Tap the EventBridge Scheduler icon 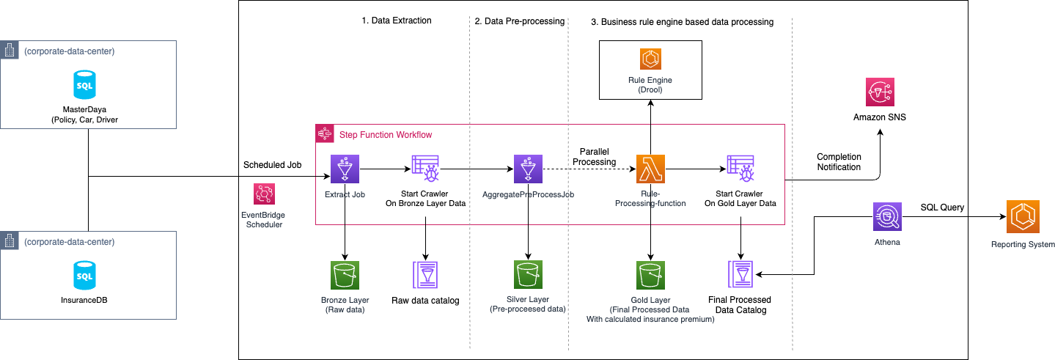point(263,194)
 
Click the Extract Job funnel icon point(344,169)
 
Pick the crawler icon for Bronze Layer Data point(426,169)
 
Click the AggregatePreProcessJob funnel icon point(528,169)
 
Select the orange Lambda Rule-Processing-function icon point(650,169)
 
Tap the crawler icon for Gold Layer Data point(740,169)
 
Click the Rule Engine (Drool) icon point(650,59)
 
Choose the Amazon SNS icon point(880,92)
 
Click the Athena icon point(887,218)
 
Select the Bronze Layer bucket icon point(344,276)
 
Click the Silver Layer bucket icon point(528,276)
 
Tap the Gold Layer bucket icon point(650,276)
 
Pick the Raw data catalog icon point(425,276)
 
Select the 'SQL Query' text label point(943,207)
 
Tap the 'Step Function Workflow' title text point(385,134)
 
